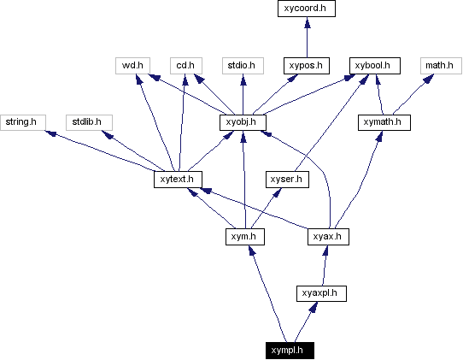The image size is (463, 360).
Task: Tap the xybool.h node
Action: (373, 65)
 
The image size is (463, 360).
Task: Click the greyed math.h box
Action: (439, 65)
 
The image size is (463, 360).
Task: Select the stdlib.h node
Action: (87, 122)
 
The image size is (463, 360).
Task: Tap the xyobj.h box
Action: (243, 122)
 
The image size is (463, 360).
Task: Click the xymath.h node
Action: (384, 122)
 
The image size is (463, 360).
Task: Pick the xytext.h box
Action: (177, 180)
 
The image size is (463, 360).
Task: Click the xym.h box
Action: (243, 236)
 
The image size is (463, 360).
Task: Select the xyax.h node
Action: (325, 236)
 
